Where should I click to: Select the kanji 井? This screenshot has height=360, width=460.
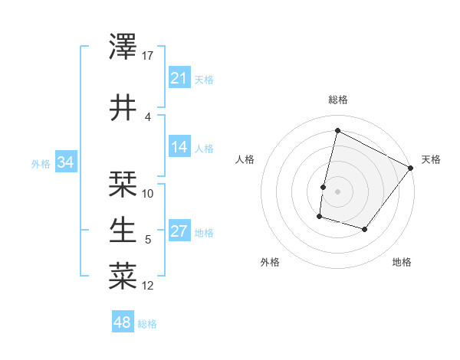(x=123, y=108)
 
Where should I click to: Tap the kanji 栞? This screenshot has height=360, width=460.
(x=123, y=184)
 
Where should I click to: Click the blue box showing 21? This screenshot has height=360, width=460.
(x=179, y=78)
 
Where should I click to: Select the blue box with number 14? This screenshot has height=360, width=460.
(x=179, y=148)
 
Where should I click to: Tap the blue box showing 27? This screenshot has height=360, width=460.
(x=179, y=232)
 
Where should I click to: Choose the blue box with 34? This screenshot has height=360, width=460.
(x=65, y=162)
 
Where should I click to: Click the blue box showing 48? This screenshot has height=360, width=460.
(x=123, y=322)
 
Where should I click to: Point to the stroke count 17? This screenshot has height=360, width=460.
(x=148, y=56)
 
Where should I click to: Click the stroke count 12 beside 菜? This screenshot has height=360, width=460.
(x=148, y=286)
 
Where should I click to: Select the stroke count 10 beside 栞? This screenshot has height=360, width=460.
(x=148, y=194)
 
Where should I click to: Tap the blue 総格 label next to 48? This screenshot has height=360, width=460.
(x=147, y=324)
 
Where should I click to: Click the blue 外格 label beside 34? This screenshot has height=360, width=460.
(x=41, y=163)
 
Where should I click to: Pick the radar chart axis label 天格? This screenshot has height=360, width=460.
(x=431, y=159)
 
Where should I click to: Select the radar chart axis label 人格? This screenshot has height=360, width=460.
(x=245, y=159)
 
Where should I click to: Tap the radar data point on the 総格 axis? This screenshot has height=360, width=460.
(x=337, y=130)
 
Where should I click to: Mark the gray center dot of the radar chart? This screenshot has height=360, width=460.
(x=337, y=191)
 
